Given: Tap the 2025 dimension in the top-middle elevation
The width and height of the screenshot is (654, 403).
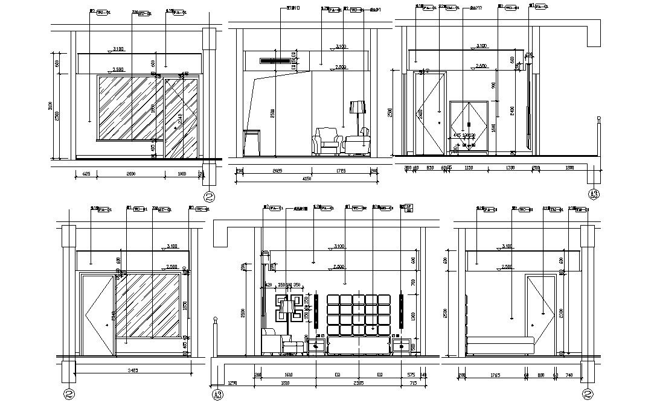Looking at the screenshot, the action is point(278,171).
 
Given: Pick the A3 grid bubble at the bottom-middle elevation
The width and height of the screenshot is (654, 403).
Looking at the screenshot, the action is point(217,395).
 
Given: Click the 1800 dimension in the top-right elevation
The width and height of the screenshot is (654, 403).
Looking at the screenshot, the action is point(571,168).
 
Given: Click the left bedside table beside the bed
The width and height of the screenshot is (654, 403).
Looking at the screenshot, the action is point(316,347).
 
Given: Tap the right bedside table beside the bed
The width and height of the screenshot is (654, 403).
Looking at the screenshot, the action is point(400,347).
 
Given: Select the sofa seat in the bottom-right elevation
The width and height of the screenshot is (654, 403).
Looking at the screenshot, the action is point(501,346).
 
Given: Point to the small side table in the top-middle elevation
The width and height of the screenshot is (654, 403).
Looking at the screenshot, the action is point(252,142).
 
